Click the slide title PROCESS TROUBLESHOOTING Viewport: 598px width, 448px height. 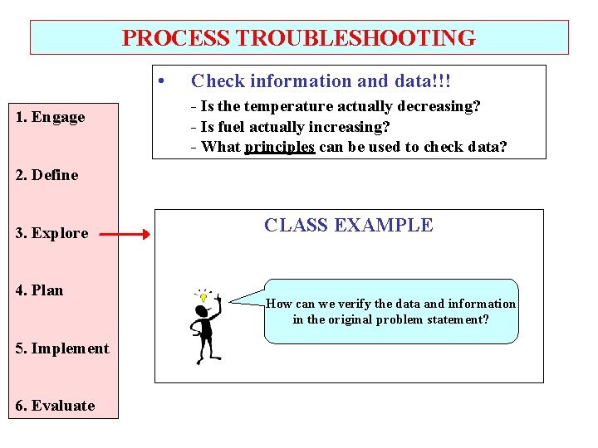click(299, 38)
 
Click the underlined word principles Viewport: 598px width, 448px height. click(279, 147)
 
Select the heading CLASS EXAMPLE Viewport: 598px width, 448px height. click(348, 225)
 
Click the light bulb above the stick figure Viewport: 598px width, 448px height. click(202, 295)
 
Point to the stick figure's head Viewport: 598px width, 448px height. click(201, 312)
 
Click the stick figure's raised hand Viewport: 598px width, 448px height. click(218, 296)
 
